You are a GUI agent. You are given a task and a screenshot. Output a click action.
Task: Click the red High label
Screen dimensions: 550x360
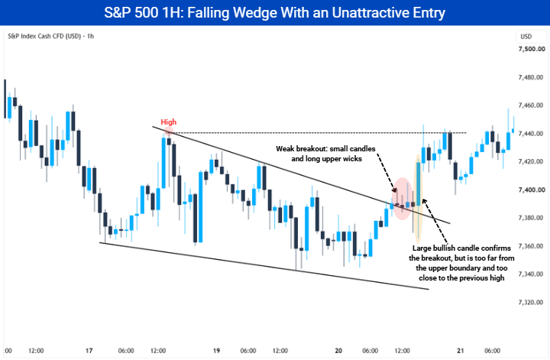168,122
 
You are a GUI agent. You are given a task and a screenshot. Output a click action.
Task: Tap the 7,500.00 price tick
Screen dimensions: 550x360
532,49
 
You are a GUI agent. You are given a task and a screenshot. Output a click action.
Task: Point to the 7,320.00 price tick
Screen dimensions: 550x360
532,302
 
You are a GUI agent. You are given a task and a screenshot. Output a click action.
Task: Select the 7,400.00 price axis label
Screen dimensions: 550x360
532,190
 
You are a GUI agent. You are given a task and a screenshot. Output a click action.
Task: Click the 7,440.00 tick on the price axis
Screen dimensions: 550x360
532,134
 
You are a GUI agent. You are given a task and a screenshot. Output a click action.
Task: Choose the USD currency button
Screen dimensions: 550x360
526,37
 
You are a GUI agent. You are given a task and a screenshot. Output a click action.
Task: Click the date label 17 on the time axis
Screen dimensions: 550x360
89,351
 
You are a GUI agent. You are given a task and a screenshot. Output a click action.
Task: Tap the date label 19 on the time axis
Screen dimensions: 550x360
216,351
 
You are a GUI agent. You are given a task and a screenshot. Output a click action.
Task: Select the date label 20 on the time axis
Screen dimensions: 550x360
338,351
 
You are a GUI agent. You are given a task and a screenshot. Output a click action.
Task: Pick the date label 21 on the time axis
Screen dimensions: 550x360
461,351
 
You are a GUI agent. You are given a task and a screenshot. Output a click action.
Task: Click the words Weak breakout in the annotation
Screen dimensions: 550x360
301,149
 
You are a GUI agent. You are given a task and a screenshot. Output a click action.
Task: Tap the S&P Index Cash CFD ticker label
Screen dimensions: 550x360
44,36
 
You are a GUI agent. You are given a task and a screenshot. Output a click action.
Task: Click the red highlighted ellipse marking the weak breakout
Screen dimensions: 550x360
403,199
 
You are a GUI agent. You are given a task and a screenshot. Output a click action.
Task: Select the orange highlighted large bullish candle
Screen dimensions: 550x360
418,199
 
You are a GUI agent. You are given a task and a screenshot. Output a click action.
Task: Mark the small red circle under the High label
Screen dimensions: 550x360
169,132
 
